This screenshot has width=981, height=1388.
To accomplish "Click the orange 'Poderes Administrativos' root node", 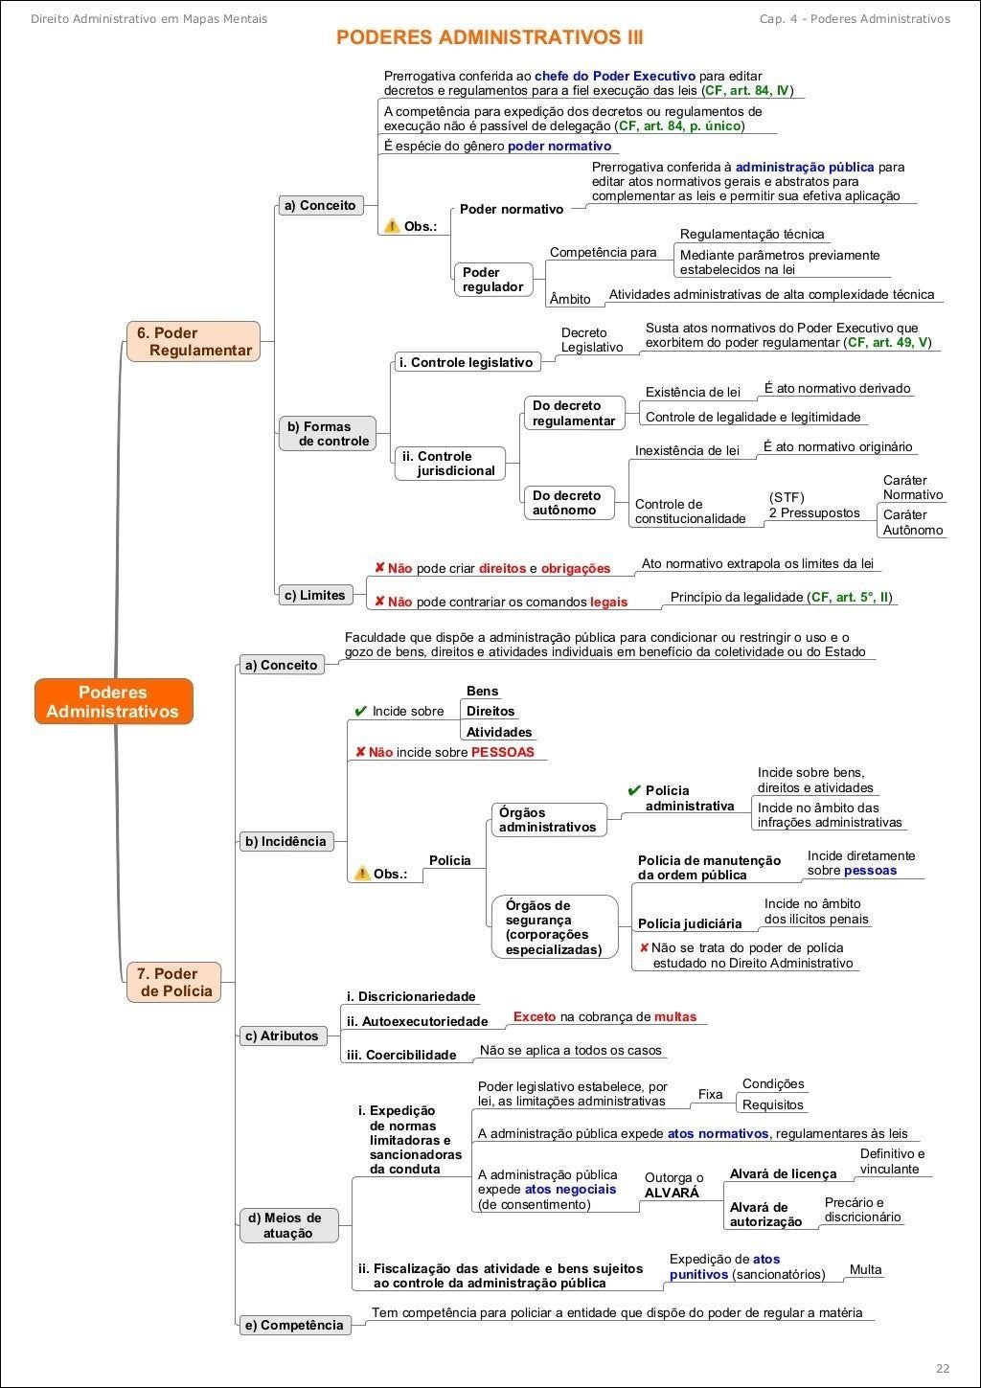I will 113,702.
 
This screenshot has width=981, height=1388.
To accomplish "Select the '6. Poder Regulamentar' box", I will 194,342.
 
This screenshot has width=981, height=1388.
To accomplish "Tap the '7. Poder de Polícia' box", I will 174,983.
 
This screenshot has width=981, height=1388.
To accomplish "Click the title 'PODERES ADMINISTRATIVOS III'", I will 490,37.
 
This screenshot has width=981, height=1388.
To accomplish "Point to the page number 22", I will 943,1367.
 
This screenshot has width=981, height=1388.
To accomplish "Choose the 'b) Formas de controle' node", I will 328,434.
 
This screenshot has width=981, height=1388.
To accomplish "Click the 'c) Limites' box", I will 314,595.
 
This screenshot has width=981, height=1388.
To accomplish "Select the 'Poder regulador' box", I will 492,280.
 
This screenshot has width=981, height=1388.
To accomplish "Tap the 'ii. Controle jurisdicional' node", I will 448,464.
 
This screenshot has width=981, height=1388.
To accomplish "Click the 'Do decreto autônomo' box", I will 567,503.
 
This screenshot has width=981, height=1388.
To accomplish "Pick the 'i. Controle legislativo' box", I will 467,362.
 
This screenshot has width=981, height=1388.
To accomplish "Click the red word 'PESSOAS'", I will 502,752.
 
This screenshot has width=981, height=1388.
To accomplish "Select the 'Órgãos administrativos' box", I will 548,820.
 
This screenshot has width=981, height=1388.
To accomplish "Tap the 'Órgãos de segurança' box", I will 554,927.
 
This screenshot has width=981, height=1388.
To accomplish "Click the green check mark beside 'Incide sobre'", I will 360,711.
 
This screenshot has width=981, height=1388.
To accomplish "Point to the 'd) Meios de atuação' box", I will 288,1225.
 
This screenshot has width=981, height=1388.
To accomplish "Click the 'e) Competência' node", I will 294,1325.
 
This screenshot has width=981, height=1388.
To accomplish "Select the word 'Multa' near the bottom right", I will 865,1269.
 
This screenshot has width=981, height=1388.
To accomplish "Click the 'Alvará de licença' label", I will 783,1173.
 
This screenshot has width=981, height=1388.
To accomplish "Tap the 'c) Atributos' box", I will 282,1035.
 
